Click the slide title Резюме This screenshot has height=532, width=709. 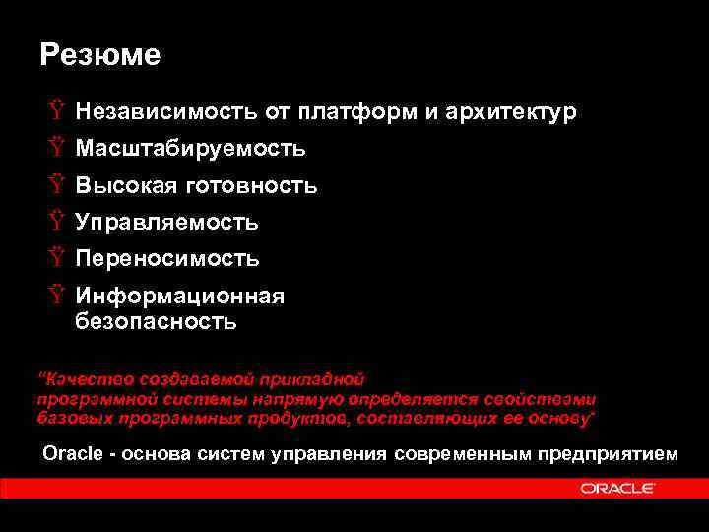99,55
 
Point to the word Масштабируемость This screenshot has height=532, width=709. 190,149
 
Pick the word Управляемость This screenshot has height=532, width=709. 166,223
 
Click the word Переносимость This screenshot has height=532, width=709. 167,259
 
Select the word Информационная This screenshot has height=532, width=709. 180,297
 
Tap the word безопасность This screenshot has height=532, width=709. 156,320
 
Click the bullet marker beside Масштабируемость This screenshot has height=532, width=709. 55,149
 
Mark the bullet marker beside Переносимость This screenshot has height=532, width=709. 55,259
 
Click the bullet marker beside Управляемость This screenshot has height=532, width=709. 55,223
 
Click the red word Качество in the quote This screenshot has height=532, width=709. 76,378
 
